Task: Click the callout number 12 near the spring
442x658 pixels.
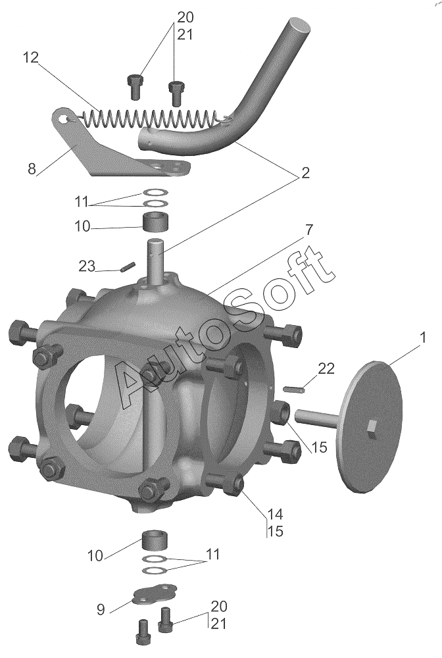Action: click(30, 57)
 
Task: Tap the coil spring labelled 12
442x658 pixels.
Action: click(149, 118)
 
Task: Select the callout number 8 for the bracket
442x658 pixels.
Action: click(32, 169)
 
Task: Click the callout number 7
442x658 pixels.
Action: click(308, 230)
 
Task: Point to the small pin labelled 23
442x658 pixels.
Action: click(127, 267)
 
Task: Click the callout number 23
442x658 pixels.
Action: click(87, 266)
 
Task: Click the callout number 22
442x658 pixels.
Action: click(326, 368)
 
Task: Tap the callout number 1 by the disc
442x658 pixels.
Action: click(423, 337)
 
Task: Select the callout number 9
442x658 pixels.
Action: click(101, 609)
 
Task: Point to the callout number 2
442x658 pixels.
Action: click(305, 172)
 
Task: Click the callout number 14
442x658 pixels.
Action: click(275, 514)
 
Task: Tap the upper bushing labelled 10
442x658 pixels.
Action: click(157, 222)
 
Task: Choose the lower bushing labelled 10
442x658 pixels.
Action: click(156, 541)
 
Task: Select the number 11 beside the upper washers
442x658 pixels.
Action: click(82, 201)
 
